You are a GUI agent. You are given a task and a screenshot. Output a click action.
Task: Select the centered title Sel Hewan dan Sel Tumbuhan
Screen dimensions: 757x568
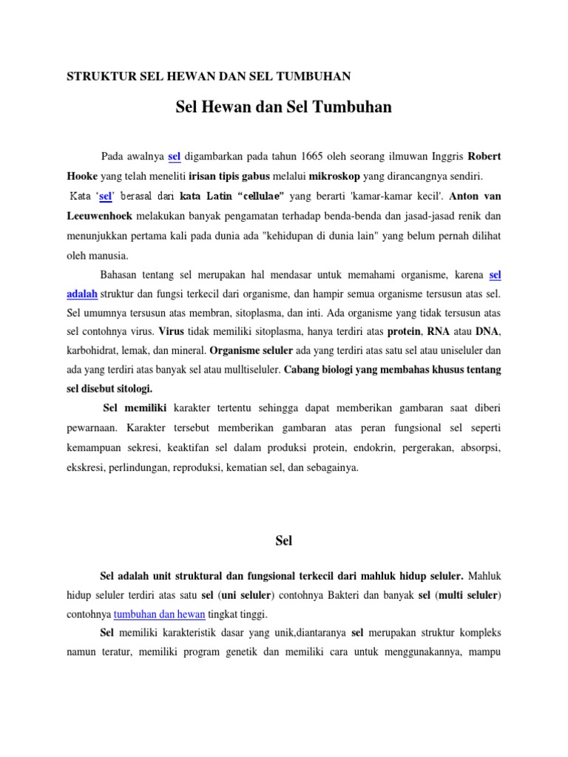click(284, 108)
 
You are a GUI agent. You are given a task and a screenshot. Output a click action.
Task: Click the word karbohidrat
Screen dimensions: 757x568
click(97, 350)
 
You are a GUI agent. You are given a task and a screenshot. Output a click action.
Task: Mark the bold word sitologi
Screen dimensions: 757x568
click(134, 388)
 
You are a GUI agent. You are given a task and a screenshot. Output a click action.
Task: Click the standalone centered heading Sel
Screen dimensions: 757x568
click(284, 541)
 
